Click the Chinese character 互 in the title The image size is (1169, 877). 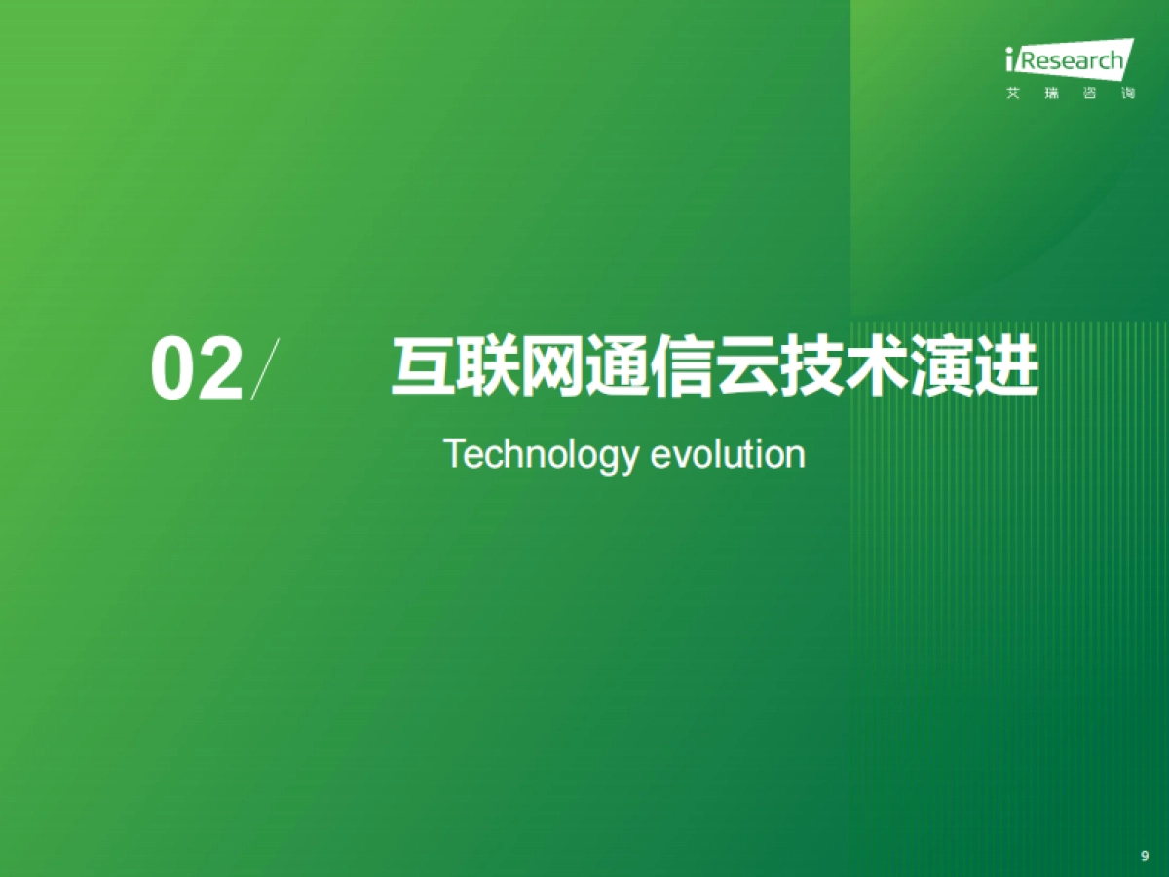pyautogui.click(x=423, y=368)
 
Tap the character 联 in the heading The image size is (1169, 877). pyautogui.click(x=488, y=368)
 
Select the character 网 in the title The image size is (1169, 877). pyautogui.click(x=552, y=368)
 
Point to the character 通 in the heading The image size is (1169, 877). pyautogui.click(x=618, y=368)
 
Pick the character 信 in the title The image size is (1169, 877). pyautogui.click(x=682, y=368)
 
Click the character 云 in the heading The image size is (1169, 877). pyautogui.click(x=747, y=368)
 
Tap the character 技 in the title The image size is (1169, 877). pyautogui.click(x=811, y=368)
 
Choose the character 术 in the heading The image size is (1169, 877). pyautogui.click(x=877, y=368)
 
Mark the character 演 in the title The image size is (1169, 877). pyautogui.click(x=941, y=368)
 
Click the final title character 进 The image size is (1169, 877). pyautogui.click(x=1006, y=368)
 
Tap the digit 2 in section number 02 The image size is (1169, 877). pyautogui.click(x=219, y=371)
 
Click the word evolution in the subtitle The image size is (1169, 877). pyautogui.click(x=728, y=454)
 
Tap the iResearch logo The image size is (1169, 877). pyautogui.click(x=1069, y=60)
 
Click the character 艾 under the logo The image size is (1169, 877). pyautogui.click(x=1012, y=95)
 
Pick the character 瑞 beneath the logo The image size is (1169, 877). pyautogui.click(x=1050, y=95)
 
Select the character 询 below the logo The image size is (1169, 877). pyautogui.click(x=1128, y=95)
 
